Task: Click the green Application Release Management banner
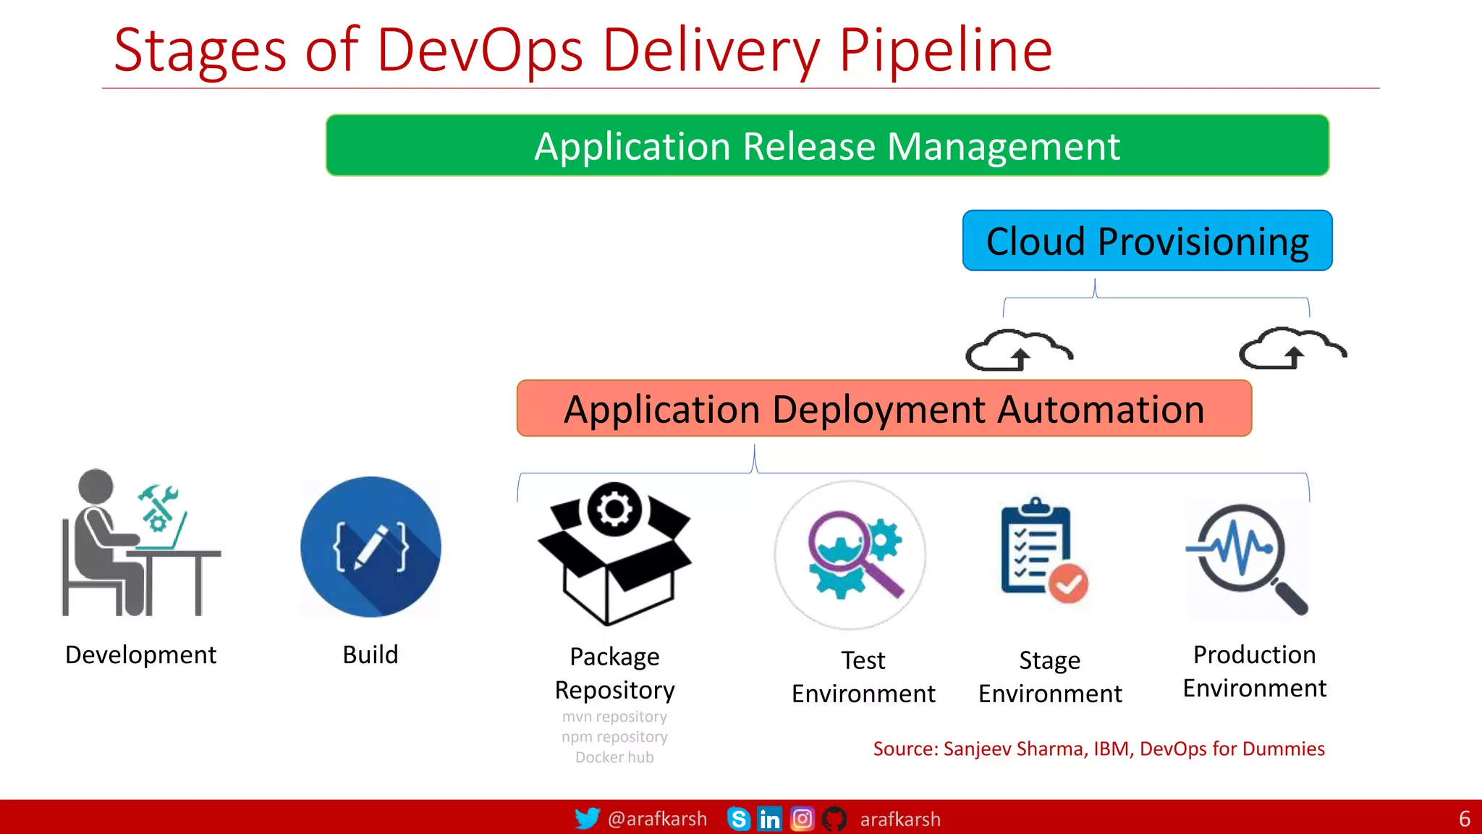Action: tap(827, 146)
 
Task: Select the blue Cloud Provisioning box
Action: tap(1147, 241)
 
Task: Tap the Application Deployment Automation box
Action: tap(884, 409)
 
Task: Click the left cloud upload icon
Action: tap(1018, 350)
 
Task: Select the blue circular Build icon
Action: tap(370, 547)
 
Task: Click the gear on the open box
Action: tap(614, 508)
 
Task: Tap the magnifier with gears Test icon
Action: tap(851, 555)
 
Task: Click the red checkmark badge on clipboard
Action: tap(1068, 583)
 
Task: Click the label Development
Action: tap(140, 654)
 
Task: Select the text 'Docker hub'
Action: tap(614, 757)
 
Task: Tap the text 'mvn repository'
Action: tap(614, 717)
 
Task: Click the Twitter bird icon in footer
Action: tap(587, 819)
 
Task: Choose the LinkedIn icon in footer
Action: tap(769, 819)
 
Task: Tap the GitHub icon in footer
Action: tap(834, 819)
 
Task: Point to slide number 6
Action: tap(1464, 819)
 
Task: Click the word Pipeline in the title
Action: tap(944, 51)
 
